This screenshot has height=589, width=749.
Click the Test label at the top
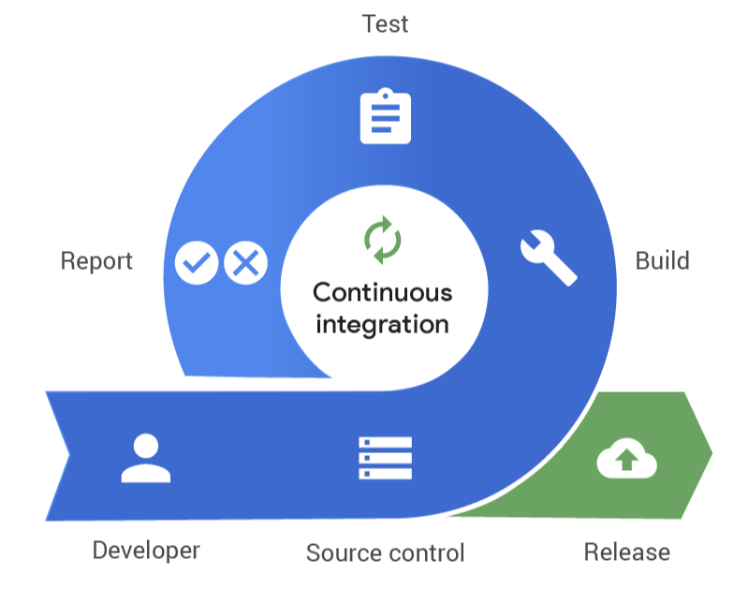[385, 23]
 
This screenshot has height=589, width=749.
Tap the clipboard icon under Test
[386, 117]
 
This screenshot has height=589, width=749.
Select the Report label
[96, 260]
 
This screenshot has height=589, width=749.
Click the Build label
[662, 260]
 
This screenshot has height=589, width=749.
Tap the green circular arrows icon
[382, 240]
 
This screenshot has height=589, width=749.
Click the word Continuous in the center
[382, 292]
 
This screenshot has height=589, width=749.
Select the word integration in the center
[382, 325]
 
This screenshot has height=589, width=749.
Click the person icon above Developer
[146, 458]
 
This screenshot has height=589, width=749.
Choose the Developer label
[146, 550]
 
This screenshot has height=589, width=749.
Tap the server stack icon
[385, 458]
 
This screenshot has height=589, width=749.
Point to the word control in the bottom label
[426, 552]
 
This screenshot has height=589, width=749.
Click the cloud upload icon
[626, 459]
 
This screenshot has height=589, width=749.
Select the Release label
[626, 551]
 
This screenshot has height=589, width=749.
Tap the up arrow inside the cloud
[626, 461]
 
